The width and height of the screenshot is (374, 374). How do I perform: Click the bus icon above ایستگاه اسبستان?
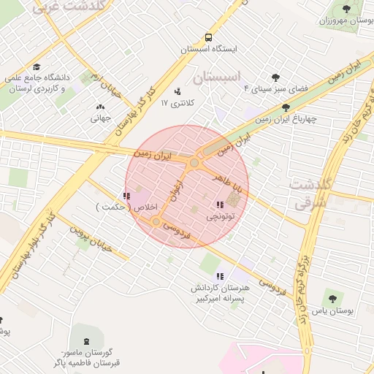pos(210,37)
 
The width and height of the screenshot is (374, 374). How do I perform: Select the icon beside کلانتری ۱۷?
pos(177,92)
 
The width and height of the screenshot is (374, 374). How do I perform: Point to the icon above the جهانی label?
pos(100,107)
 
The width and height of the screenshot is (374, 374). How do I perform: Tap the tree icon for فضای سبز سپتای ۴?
pos(275,77)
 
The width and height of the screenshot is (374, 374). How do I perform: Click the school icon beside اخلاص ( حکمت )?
pos(128,196)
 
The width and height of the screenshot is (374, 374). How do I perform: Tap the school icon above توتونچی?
pos(220,205)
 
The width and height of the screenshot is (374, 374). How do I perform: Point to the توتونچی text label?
pos(220,217)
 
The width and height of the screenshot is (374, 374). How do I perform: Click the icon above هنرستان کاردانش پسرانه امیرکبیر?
pos(220,275)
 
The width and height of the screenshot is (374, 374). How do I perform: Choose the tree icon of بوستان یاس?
pos(332,298)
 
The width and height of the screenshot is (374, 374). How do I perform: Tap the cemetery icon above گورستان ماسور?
pos(88,341)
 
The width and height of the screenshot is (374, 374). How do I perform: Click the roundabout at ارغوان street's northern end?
pos(194,164)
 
